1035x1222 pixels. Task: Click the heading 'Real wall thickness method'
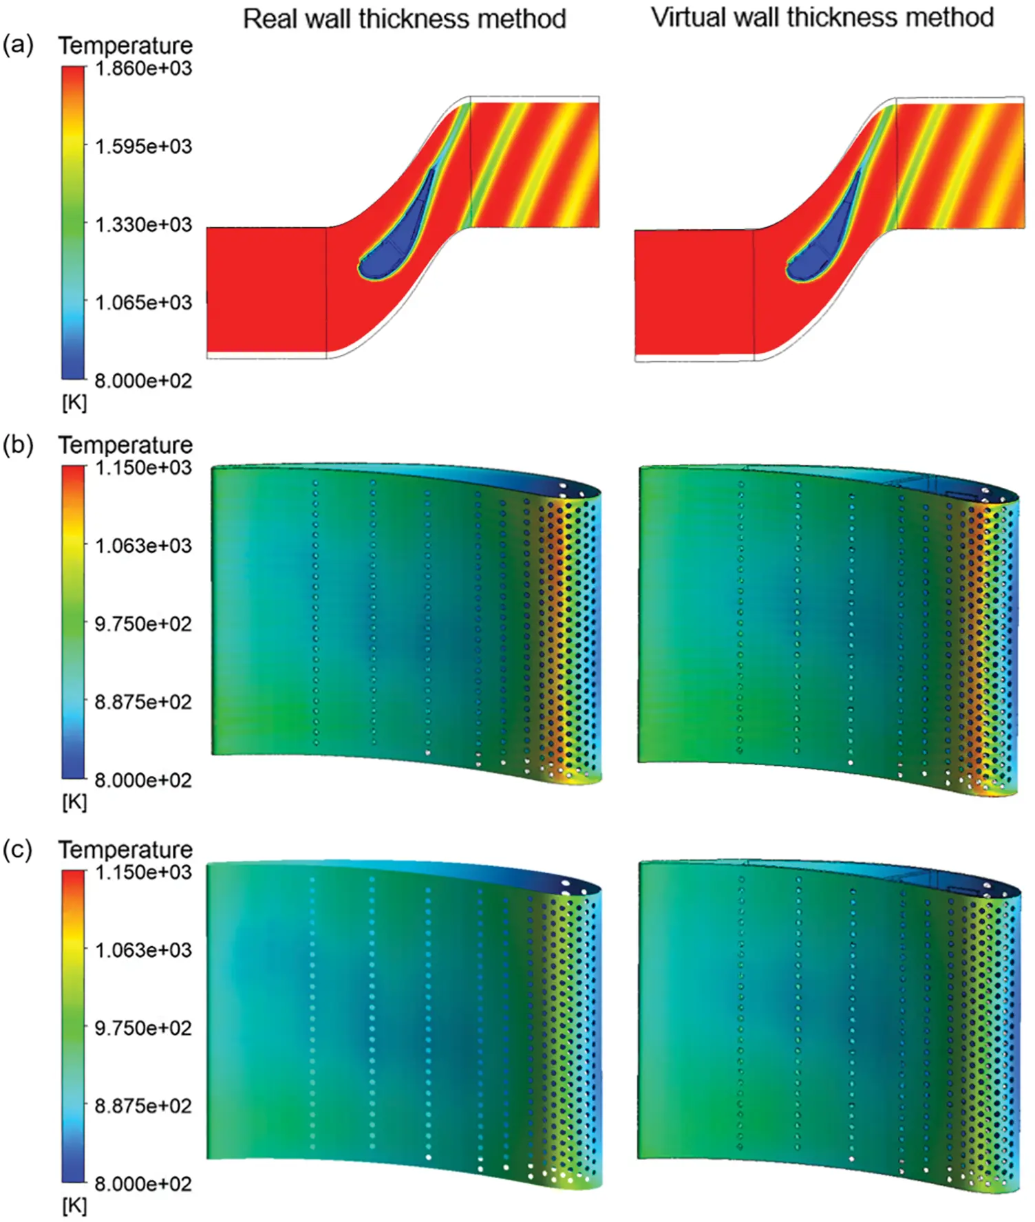405,19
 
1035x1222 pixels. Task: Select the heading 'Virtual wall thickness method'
822,17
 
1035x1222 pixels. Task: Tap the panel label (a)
18,45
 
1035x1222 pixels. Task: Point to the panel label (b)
18,445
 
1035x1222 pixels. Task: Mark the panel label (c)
18,850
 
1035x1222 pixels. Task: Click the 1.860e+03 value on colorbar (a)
143,68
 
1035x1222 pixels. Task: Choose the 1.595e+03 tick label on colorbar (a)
143,147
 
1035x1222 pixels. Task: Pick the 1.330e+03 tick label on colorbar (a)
143,224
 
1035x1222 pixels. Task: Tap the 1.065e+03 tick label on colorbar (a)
143,302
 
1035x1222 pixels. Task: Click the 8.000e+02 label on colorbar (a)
143,380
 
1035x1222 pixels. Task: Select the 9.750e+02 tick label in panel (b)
143,624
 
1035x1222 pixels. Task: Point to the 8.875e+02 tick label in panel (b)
143,702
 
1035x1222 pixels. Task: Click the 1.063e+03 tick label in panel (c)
143,950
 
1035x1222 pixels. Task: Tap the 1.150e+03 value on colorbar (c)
143,872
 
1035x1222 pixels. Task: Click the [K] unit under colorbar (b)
74,802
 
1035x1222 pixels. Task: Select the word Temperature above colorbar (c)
125,850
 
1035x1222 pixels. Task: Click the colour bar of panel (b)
73,623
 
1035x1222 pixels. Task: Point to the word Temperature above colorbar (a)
125,46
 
